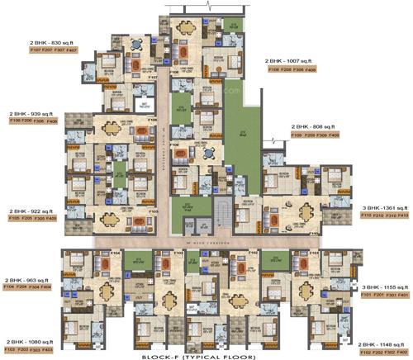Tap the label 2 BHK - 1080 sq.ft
pos(31,341)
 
